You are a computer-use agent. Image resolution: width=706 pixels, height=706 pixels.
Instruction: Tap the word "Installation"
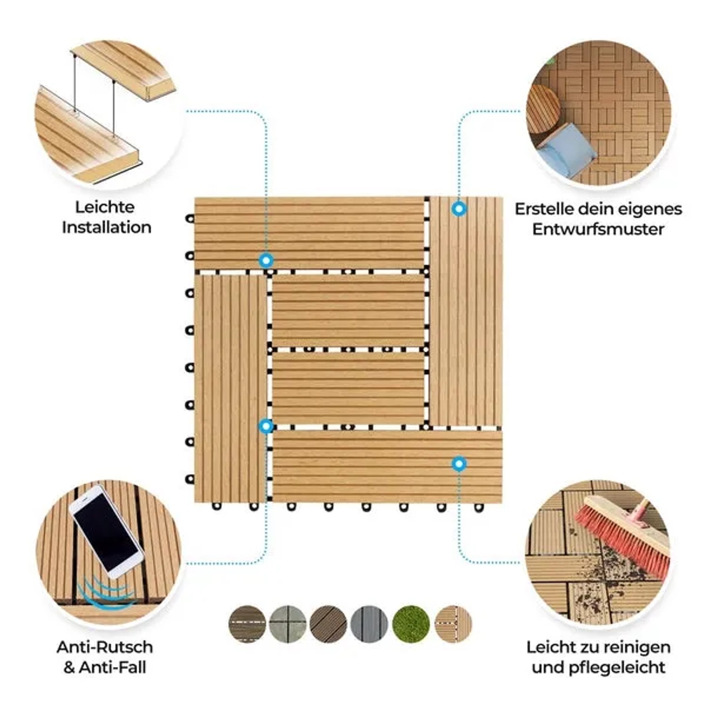(106, 227)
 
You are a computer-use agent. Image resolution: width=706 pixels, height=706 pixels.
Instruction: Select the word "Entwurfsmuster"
(598, 229)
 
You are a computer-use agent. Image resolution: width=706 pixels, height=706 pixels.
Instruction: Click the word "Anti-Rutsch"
(104, 647)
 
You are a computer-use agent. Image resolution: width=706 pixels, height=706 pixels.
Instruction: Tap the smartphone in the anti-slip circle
(106, 531)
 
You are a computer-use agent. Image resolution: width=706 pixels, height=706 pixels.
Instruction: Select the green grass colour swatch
(410, 624)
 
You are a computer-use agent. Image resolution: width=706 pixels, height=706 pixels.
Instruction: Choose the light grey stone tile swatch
(288, 624)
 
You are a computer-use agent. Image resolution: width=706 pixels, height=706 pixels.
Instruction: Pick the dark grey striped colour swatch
(369, 624)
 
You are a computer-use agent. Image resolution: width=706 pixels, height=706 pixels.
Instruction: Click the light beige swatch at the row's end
(453, 624)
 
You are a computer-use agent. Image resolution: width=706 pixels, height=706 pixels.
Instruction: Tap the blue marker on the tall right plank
(459, 209)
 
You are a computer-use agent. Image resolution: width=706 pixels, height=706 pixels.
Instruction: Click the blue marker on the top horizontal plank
(266, 260)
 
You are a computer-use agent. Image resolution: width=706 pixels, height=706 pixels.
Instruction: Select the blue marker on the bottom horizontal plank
(459, 464)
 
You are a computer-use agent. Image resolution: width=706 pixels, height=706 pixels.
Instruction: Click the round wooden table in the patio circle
(543, 110)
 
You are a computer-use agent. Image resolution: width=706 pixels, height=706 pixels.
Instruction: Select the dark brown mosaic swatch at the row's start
(247, 624)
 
